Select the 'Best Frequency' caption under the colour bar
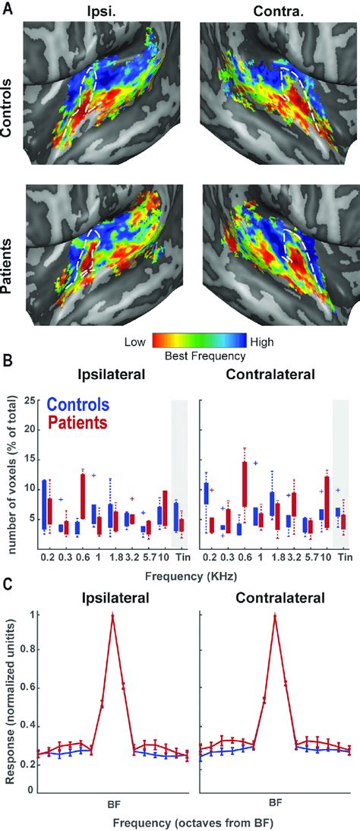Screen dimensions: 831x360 tap(197, 355)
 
